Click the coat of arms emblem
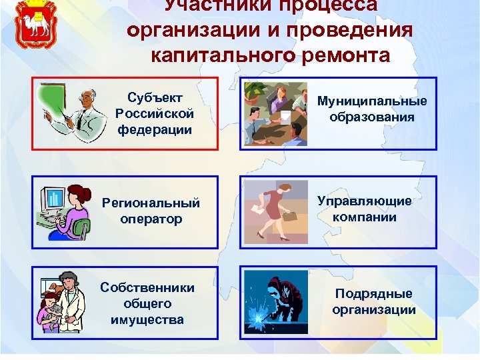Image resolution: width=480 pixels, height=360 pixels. coord(33,26)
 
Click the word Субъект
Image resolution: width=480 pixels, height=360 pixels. coord(155,97)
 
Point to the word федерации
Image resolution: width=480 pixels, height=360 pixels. coord(155,129)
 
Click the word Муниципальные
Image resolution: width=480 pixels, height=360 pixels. coord(372,101)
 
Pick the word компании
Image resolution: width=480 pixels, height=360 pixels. coord(365,217)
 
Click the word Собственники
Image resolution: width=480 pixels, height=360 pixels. coord(147,287)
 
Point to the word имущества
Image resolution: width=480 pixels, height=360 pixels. coord(147,319)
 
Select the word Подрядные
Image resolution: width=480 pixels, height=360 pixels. coord(373,294)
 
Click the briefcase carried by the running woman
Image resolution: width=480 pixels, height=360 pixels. coord(291,216)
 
